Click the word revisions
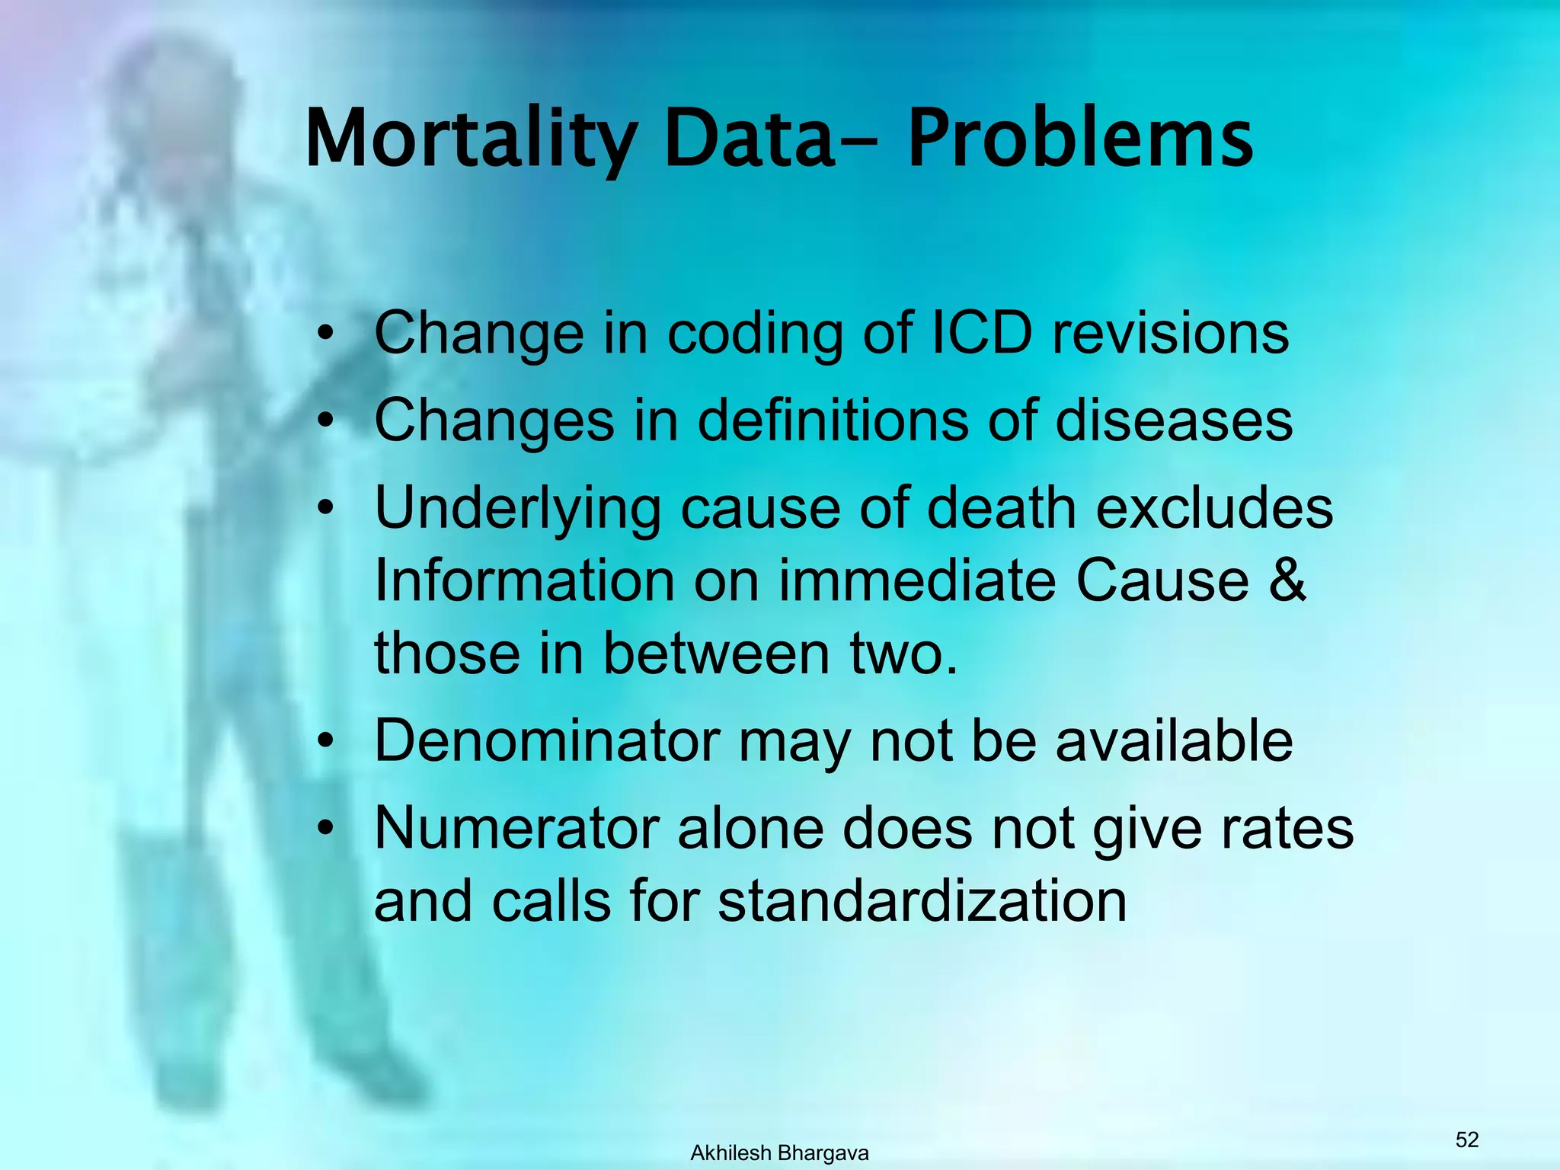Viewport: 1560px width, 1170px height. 1170,333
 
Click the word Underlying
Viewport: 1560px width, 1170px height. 518,509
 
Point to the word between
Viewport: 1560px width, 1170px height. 716,654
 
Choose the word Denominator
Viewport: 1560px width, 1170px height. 547,740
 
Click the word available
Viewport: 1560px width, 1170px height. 1173,740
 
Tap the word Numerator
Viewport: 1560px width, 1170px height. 517,828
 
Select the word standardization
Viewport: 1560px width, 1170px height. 922,901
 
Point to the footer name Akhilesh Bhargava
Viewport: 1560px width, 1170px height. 779,1153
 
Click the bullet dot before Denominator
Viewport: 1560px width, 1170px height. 327,742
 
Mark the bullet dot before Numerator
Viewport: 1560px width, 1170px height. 327,830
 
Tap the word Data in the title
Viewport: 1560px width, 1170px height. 749,139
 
